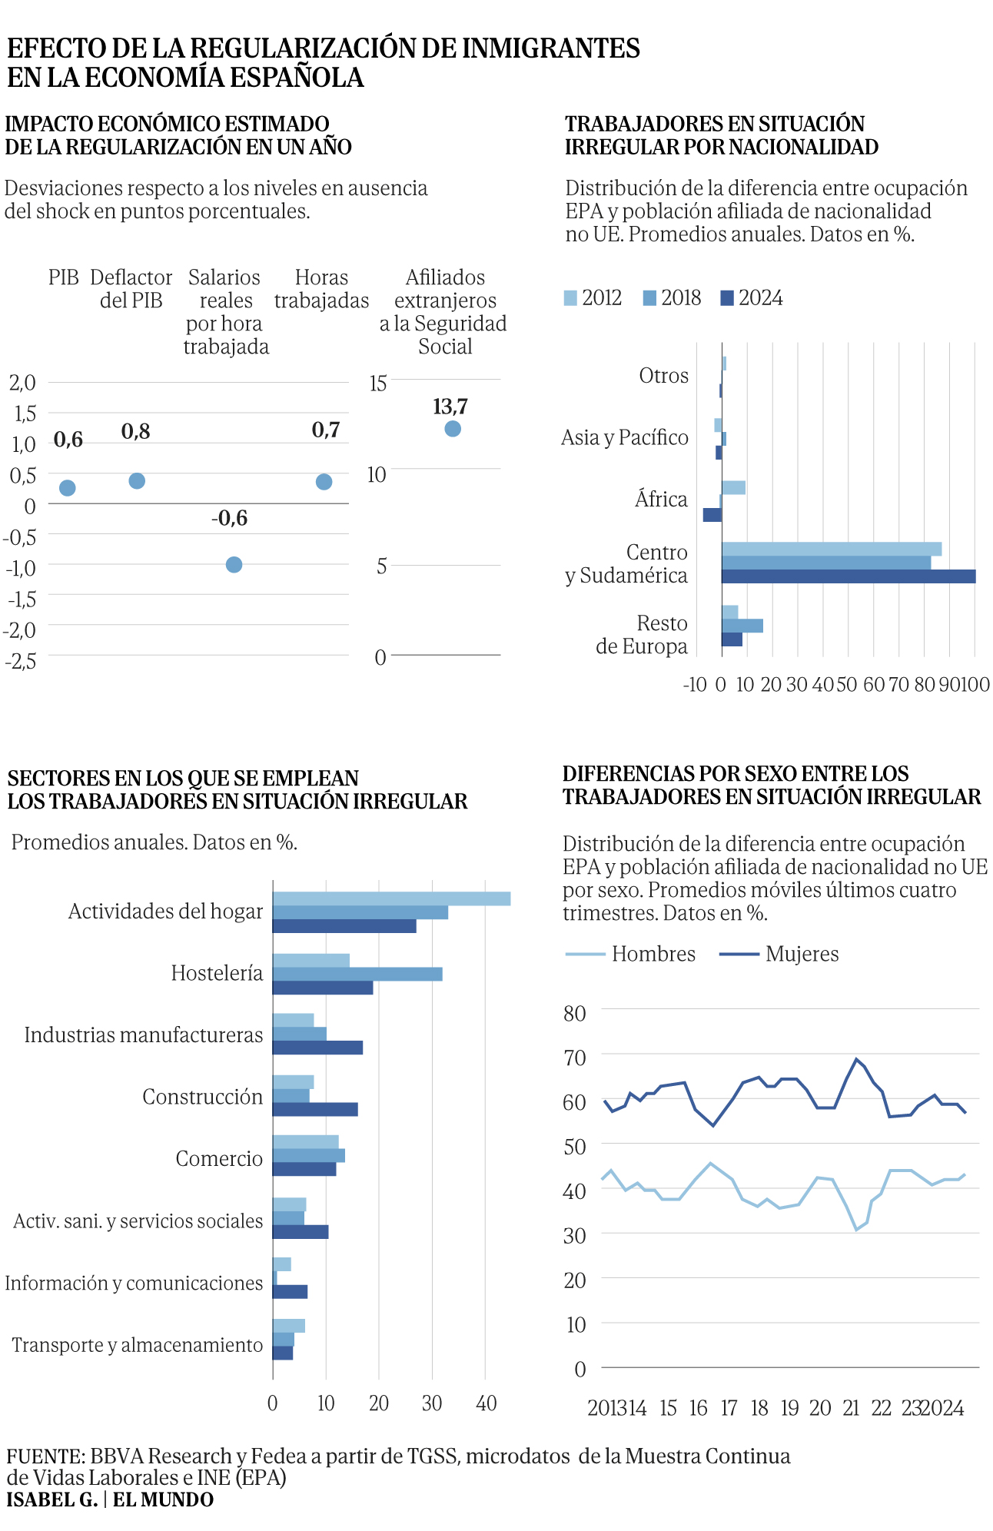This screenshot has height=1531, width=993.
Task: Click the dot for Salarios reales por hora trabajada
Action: pyautogui.click(x=234, y=565)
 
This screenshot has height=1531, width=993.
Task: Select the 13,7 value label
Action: pyautogui.click(x=450, y=407)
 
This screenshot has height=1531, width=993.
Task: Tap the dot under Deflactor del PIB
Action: pyautogui.click(x=137, y=481)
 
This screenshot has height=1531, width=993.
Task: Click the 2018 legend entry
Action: pyautogui.click(x=673, y=298)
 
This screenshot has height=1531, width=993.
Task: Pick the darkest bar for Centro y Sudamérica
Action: pyautogui.click(x=849, y=576)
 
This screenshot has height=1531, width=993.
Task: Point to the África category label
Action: pyautogui.click(x=661, y=500)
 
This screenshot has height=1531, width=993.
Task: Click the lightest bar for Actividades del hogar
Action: pyautogui.click(x=391, y=898)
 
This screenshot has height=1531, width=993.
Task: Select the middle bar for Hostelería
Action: pyautogui.click(x=357, y=975)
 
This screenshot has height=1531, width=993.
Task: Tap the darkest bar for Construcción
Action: pyautogui.click(x=315, y=1110)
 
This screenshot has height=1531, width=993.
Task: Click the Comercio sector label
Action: pyautogui.click(x=219, y=1159)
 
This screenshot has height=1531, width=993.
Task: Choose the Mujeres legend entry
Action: pyautogui.click(x=779, y=955)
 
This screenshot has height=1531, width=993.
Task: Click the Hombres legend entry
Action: pyautogui.click(x=630, y=955)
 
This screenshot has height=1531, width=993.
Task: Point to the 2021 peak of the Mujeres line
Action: pyautogui.click(x=856, y=1059)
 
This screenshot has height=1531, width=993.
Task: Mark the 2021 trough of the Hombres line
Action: pyautogui.click(x=856, y=1230)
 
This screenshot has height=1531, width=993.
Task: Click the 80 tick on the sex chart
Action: pyautogui.click(x=575, y=1014)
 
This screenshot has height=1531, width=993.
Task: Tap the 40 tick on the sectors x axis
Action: pyautogui.click(x=486, y=1403)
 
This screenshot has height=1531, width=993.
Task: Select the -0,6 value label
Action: pyautogui.click(x=230, y=519)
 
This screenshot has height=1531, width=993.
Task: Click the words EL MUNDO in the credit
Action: pyautogui.click(x=164, y=1499)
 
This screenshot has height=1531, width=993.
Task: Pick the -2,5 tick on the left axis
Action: pyautogui.click(x=21, y=660)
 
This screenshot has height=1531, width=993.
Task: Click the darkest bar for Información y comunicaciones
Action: pyautogui.click(x=290, y=1292)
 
